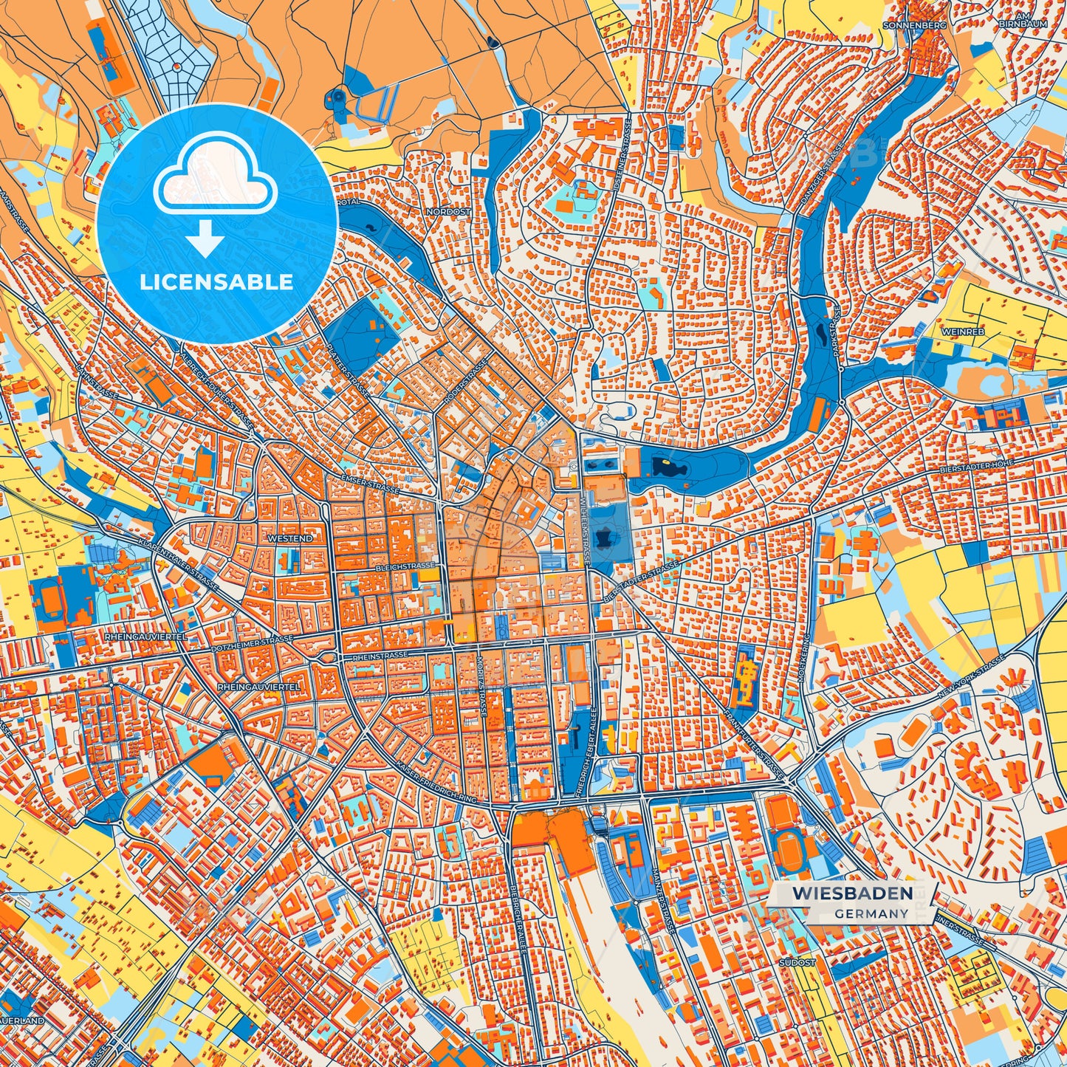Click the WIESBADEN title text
(x=851, y=893)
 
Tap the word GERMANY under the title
(x=871, y=913)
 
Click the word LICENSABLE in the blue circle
(x=218, y=282)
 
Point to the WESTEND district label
(x=289, y=538)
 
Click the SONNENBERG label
(x=913, y=24)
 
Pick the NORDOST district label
(x=447, y=211)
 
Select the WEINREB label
(x=962, y=332)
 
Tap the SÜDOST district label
(x=797, y=963)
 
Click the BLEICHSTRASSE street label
(x=405, y=566)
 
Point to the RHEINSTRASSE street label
(x=380, y=655)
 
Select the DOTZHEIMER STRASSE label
(x=252, y=639)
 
